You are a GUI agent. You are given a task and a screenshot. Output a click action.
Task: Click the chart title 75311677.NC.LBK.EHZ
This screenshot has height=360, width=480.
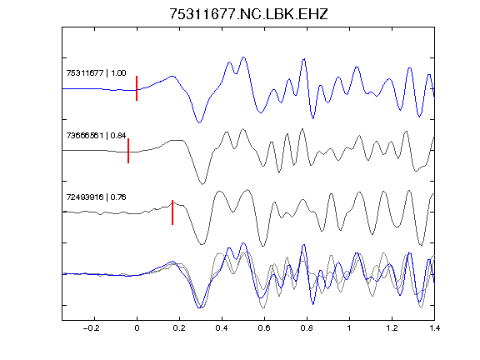tap(248, 14)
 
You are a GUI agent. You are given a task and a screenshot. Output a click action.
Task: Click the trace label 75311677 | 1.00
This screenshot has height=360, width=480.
tap(96, 73)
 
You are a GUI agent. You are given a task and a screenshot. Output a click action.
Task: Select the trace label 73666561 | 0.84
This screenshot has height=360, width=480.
tap(96, 135)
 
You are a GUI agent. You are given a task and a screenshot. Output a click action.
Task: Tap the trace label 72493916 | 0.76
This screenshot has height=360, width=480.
tap(96, 197)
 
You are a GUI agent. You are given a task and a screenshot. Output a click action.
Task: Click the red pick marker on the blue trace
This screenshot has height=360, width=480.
tap(137, 88)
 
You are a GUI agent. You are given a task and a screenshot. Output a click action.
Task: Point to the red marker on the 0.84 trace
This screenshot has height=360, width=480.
tap(128, 151)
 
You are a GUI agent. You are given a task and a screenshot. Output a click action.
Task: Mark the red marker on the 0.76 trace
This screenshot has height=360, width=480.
tap(172, 212)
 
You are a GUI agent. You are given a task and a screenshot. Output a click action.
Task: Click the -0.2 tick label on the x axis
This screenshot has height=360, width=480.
tap(91, 328)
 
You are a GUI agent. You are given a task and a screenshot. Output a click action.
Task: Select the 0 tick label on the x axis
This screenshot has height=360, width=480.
tap(137, 328)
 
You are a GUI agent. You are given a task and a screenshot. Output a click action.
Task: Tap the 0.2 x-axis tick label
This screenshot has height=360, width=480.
tap(179, 328)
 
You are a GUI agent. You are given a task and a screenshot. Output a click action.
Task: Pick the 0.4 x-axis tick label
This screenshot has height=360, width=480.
tap(222, 328)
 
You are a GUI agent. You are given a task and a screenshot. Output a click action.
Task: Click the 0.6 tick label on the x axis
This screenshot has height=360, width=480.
tap(264, 328)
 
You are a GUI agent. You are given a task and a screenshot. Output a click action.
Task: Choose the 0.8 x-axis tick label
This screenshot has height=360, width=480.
tap(307, 328)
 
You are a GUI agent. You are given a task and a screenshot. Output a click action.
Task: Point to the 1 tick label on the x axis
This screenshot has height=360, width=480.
tap(349, 328)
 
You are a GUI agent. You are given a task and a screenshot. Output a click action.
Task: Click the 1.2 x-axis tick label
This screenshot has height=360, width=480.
tap(392, 328)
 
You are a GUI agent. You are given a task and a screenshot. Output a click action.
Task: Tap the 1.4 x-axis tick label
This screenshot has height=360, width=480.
tap(434, 328)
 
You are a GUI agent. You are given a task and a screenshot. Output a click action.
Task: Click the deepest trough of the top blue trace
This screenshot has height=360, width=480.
tap(199, 122)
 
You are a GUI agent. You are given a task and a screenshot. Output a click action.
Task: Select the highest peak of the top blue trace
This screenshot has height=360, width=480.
tap(243, 57)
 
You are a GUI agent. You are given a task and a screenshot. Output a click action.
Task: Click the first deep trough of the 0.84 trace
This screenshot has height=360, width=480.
tap(202, 184)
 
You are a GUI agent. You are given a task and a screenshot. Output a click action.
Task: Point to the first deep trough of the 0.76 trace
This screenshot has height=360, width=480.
tap(202, 244)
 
